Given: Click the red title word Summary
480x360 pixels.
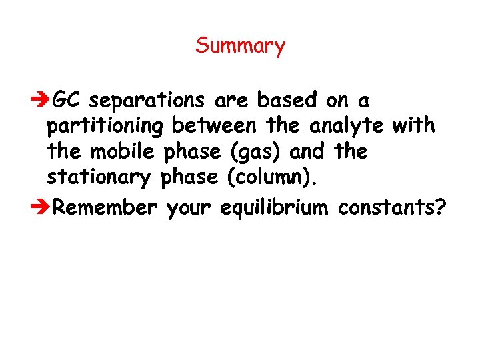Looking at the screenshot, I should [x=240, y=46].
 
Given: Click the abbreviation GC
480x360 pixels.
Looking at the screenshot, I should [x=67, y=100].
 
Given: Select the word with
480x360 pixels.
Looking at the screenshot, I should [x=414, y=125].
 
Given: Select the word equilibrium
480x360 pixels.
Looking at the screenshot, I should [x=273, y=209].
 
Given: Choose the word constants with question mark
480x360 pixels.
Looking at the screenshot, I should [x=392, y=207].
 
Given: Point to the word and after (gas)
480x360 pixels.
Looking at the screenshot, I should [x=307, y=151].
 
